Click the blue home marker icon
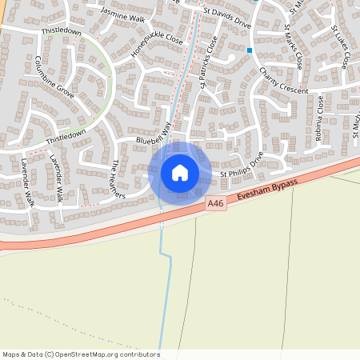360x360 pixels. [x=180, y=173]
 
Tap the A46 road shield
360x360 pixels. [x=214, y=204]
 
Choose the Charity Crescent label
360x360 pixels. [x=283, y=81]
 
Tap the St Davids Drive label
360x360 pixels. [x=227, y=18]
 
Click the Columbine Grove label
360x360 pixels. [x=54, y=77]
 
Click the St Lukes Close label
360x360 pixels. [x=340, y=46]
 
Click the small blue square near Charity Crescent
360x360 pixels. [x=250, y=50]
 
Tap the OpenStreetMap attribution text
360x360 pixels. [x=80, y=354]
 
